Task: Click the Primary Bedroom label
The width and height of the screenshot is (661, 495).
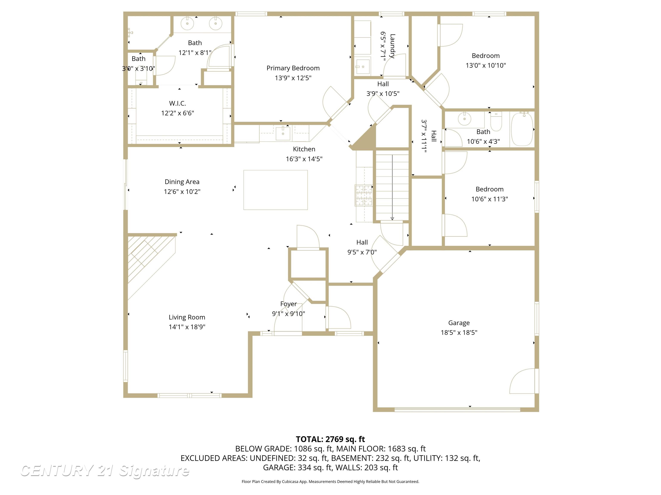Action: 293,68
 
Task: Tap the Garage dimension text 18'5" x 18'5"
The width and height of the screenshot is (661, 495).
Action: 459,332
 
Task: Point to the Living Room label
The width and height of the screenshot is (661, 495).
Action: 187,317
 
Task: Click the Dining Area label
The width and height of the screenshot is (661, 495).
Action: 182,182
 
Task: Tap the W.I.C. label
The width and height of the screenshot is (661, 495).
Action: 178,103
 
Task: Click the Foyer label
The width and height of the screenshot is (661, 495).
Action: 288,304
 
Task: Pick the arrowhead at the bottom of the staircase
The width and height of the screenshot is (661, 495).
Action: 392,219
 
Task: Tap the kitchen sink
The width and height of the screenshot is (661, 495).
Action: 283,133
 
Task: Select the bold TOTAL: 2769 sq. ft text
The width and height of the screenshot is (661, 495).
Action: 330,439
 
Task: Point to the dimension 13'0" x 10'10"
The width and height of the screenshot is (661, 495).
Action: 486,65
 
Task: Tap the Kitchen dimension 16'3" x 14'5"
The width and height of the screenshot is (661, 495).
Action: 304,159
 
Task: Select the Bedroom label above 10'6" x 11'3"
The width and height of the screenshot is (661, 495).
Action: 490,189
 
